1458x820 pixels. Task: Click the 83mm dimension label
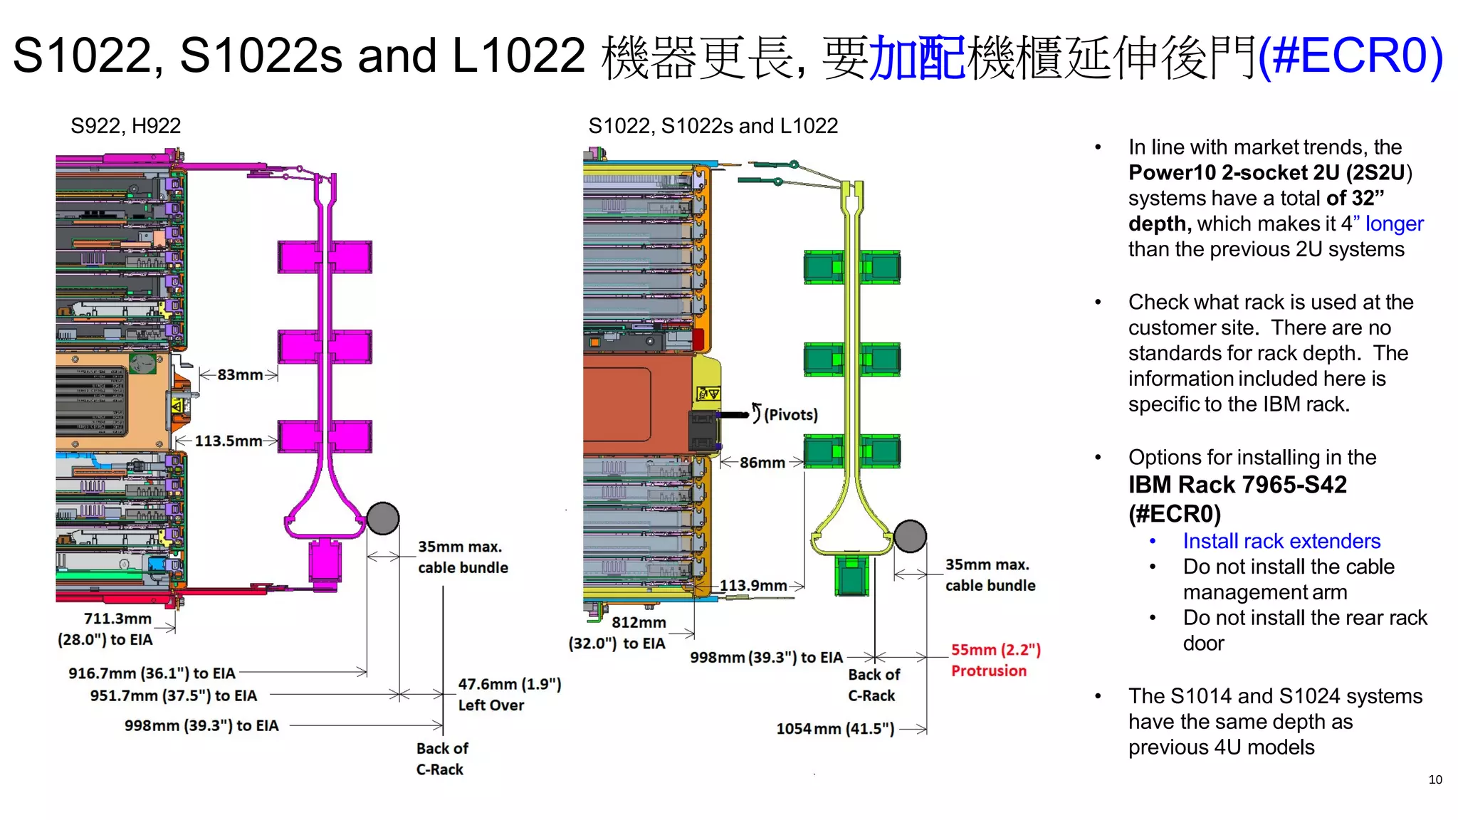(239, 374)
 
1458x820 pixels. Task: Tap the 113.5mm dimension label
(228, 441)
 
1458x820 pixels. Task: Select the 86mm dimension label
(762, 463)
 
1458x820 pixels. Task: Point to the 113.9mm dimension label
(753, 586)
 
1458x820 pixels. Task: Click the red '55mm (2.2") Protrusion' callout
(995, 660)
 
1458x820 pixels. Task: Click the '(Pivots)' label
(790, 415)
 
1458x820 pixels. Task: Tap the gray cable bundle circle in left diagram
(383, 518)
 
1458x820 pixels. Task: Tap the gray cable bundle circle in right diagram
(910, 536)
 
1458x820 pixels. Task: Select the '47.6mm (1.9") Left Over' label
(509, 694)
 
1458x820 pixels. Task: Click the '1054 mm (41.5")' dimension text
(834, 729)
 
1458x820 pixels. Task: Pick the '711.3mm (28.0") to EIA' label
(105, 629)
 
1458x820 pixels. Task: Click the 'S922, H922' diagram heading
(125, 126)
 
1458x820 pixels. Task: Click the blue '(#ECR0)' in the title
(1350, 56)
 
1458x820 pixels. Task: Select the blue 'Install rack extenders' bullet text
(1281, 541)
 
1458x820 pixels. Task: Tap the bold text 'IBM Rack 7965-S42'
(1237, 485)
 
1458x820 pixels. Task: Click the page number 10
(1435, 779)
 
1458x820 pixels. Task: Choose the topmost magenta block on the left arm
(325, 257)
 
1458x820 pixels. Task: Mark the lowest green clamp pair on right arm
(852, 451)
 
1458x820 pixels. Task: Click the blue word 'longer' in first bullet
(1393, 224)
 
